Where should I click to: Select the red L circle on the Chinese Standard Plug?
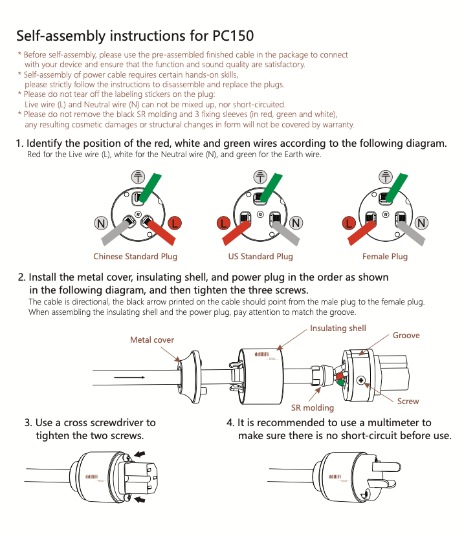point(174,223)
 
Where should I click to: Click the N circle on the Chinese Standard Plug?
point(101,223)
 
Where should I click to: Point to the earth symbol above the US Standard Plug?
point(260,177)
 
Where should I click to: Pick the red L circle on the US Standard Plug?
point(223,223)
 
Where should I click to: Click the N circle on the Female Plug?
point(422,223)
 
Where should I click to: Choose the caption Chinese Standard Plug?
point(135,257)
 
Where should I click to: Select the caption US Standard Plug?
point(261,257)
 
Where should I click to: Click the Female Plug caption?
point(385,257)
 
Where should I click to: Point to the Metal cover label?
point(152,339)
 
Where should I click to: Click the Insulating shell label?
point(338,328)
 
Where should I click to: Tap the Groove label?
point(406,336)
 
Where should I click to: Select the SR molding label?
point(313,408)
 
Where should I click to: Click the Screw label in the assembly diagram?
point(408,402)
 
